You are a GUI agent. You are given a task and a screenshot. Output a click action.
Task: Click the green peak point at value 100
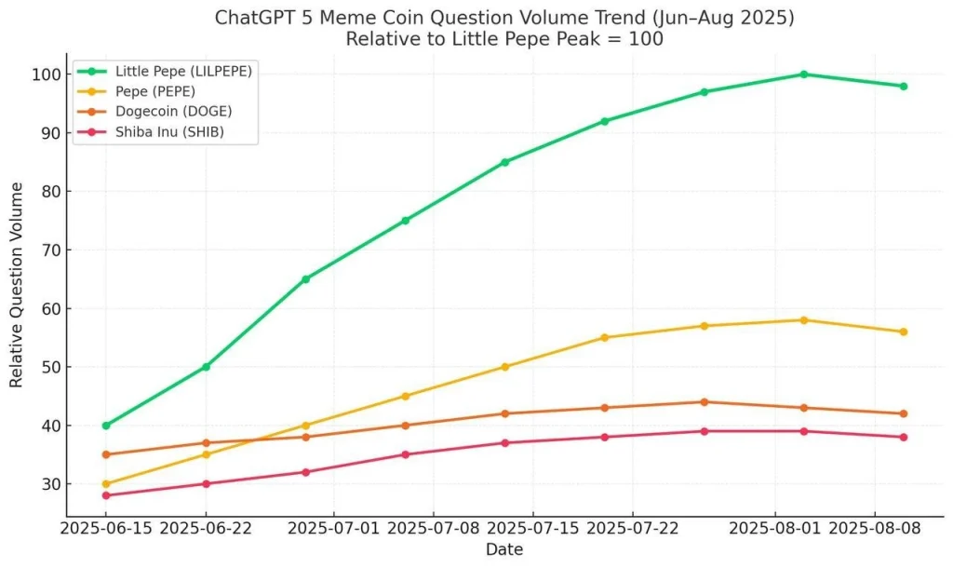[804, 74]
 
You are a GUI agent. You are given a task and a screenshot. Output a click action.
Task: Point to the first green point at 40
[106, 426]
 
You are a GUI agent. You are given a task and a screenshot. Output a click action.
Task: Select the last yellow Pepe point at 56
[904, 331]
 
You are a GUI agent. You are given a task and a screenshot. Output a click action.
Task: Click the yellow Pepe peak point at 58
[804, 320]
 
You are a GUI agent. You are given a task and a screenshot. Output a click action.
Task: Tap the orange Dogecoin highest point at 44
[705, 402]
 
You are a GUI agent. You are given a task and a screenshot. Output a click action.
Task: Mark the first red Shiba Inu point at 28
[106, 495]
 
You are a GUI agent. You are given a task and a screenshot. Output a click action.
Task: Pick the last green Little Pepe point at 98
[904, 87]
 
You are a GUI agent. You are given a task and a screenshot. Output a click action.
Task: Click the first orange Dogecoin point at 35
[106, 454]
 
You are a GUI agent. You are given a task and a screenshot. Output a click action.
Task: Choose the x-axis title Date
[504, 550]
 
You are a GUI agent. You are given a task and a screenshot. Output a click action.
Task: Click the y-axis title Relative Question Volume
[17, 285]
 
